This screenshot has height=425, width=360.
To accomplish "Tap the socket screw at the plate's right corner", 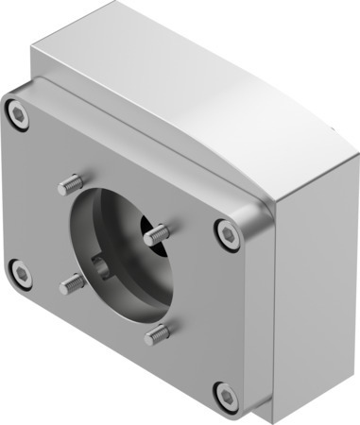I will [x=226, y=233].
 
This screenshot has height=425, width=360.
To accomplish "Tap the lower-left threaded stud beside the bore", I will [x=73, y=282].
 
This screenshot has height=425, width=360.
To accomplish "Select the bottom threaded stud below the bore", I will [x=158, y=333].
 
